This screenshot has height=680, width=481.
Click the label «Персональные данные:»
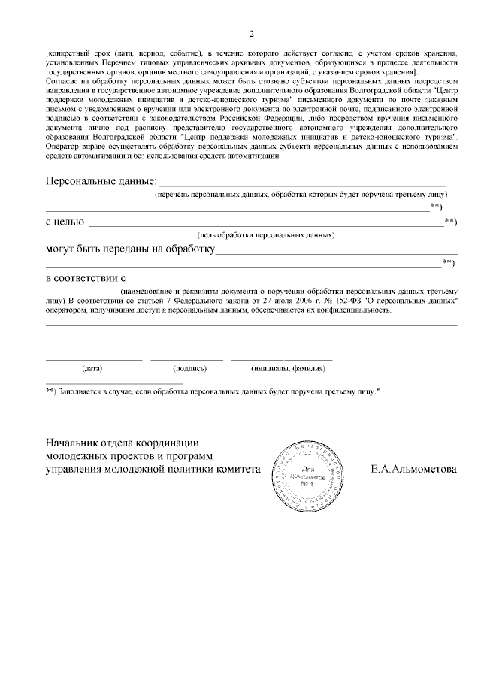(101, 181)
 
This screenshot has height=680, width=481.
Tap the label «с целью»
(65, 222)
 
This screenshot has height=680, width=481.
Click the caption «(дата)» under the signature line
(92, 369)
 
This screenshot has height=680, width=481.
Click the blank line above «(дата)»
(94, 360)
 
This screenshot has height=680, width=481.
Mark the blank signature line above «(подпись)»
(186, 360)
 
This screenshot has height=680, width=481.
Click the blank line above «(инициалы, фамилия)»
(282, 360)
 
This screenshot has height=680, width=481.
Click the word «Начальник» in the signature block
(76, 442)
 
